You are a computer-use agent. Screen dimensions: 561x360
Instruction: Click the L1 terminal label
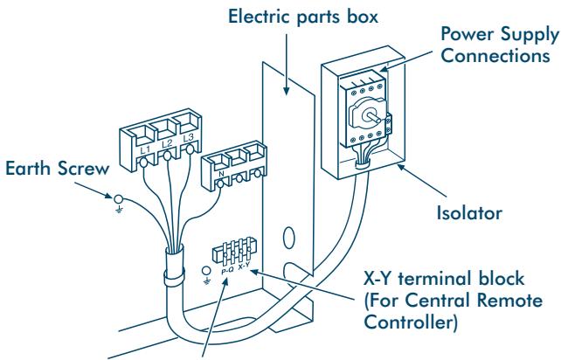pos(145,150)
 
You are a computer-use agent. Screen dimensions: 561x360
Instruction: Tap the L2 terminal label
pos(167,144)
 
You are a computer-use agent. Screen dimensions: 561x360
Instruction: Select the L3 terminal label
pos(188,138)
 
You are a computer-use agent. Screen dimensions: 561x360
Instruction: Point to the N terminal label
pos(221,174)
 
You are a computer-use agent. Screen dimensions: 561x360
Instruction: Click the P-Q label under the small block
pos(227,271)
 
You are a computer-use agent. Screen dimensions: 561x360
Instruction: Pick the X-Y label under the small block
pos(244,266)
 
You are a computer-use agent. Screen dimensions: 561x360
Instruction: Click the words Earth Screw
pos(58,169)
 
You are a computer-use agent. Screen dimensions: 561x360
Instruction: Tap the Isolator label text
pos(469,213)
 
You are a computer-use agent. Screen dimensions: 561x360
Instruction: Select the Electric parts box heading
pos(303,17)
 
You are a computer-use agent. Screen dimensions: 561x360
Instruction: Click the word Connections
pos(495,55)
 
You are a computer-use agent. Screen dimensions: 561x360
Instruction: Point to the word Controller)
pos(411,322)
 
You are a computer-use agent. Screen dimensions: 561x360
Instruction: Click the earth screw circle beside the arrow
pos(119,199)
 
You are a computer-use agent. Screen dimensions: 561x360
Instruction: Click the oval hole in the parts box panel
pos(289,238)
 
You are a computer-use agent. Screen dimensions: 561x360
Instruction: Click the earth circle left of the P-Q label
pos(206,271)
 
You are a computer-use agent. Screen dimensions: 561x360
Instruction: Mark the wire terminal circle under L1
pos(143,163)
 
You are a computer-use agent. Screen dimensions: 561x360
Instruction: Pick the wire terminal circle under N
pos(221,183)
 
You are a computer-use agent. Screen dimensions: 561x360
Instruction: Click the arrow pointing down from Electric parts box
pos(287,65)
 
